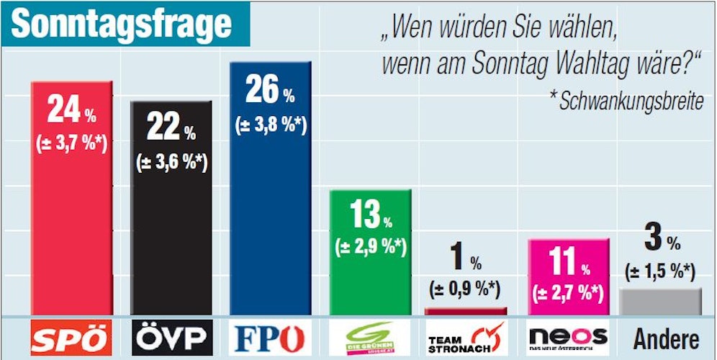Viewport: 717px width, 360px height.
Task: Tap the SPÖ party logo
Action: (72, 338)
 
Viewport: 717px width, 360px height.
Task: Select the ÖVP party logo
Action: (171, 338)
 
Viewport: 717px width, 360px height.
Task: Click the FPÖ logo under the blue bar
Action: (270, 338)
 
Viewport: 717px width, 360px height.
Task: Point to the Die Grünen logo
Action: (369, 338)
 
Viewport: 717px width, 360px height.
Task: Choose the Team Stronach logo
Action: (467, 338)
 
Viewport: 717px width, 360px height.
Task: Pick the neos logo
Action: (568, 337)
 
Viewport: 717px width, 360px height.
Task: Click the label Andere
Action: (666, 338)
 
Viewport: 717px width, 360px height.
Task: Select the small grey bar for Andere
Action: (661, 302)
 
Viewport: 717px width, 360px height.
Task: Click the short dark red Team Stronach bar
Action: (466, 311)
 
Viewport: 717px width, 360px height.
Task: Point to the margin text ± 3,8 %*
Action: (271, 125)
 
